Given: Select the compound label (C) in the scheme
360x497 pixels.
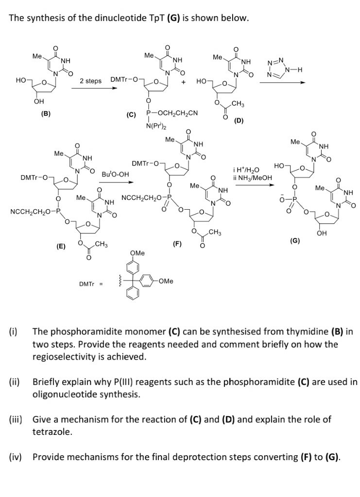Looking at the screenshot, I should [x=131, y=116].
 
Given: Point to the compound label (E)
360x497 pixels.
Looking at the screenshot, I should [x=61, y=247].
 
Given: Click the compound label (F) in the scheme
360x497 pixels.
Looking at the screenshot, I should [x=177, y=243].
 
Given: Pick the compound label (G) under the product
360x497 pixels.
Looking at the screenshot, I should [x=294, y=241].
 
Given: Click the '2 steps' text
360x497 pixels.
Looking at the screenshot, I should [x=91, y=81].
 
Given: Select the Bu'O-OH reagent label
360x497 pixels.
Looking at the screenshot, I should [x=115, y=174].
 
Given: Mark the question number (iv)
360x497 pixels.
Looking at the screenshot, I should [x=16, y=457].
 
